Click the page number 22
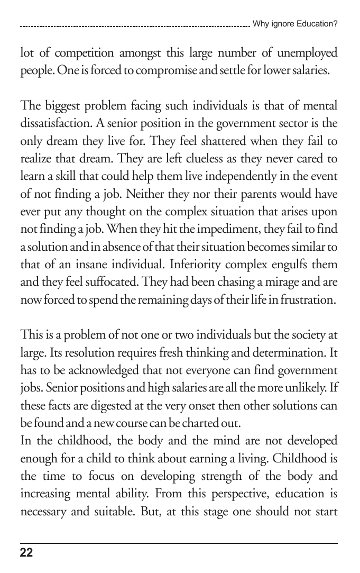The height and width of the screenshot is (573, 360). click(x=26, y=553)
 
